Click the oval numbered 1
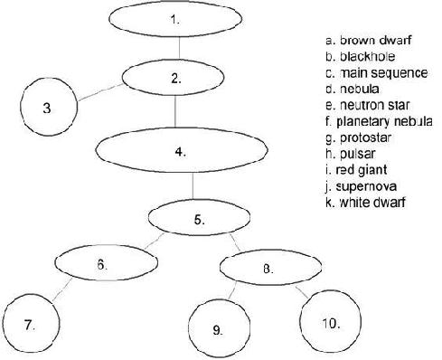coord(177,18)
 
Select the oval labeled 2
coord(174,77)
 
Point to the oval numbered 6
coord(102,264)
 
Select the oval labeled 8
coord(268,268)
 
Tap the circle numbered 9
coord(218,329)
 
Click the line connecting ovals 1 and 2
coord(177,47)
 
